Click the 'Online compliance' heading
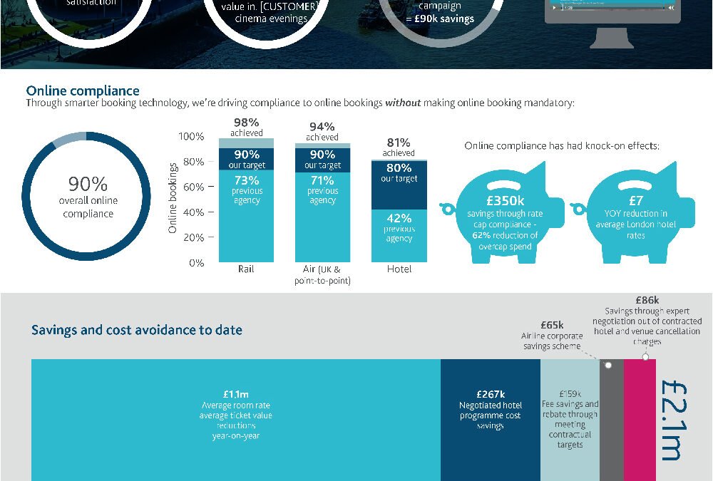tap(83, 91)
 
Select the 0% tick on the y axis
tap(195, 263)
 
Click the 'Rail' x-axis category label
tap(246, 270)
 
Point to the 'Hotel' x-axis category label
tap(399, 270)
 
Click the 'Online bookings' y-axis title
tap(173, 200)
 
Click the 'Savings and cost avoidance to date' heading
tap(136, 330)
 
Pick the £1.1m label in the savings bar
tap(236, 394)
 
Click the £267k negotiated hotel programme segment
tap(490, 410)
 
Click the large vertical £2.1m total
tap(673, 420)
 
